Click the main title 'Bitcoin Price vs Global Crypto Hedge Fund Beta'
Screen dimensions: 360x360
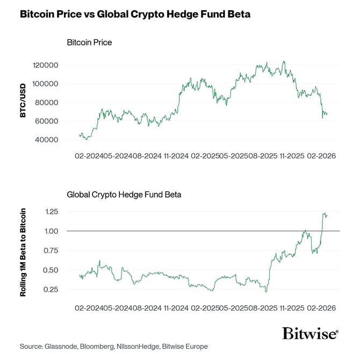pyautogui.click(x=135, y=15)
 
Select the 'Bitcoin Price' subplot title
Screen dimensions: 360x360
pyautogui.click(x=89, y=42)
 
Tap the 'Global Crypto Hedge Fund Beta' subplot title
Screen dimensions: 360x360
pyautogui.click(x=124, y=195)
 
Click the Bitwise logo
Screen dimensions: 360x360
pyautogui.click(x=310, y=333)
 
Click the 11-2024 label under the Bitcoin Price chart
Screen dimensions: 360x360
pyautogui.click(x=177, y=156)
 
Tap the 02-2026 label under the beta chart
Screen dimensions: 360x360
pyautogui.click(x=321, y=308)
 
